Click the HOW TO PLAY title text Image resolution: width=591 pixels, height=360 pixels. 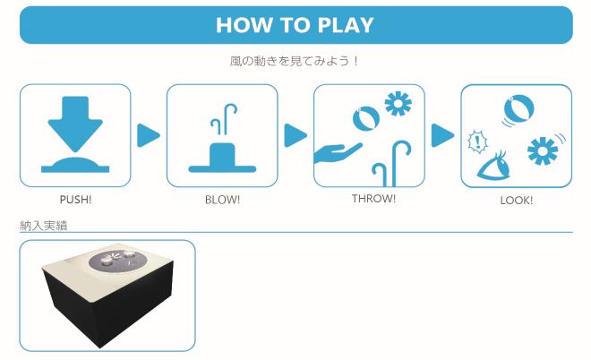click(x=295, y=25)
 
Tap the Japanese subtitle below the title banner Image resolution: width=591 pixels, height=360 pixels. click(x=294, y=61)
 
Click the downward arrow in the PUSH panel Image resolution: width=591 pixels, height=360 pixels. click(x=75, y=124)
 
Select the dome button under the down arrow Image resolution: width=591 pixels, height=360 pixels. click(x=75, y=165)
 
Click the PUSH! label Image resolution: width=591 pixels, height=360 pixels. click(x=75, y=200)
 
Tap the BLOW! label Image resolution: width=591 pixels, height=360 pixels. click(x=222, y=200)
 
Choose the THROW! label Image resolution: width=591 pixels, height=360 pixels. click(x=373, y=199)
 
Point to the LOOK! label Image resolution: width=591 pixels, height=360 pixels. click(x=517, y=201)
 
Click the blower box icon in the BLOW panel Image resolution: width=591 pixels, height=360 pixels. click(x=222, y=158)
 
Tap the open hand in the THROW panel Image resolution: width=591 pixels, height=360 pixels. click(x=336, y=153)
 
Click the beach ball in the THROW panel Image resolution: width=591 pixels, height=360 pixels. click(x=366, y=119)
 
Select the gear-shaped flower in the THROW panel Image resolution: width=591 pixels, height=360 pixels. click(x=398, y=103)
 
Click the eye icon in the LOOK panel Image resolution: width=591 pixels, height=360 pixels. click(x=494, y=167)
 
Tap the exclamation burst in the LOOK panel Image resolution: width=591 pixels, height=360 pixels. click(x=477, y=141)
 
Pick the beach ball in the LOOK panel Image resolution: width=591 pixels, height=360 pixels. click(x=519, y=108)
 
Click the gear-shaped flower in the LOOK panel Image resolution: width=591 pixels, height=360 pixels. click(x=543, y=151)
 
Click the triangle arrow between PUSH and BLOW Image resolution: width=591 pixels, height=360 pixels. click(x=149, y=135)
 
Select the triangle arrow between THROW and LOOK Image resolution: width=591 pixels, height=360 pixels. click(x=442, y=135)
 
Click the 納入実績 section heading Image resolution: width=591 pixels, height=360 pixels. click(x=43, y=226)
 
